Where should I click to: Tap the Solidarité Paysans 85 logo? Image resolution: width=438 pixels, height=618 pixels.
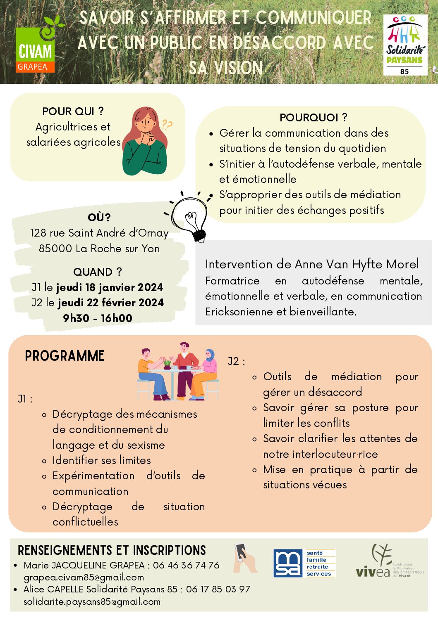405,45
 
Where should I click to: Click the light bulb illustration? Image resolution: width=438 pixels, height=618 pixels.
190,216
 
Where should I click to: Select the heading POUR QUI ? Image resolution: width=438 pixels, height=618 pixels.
73,111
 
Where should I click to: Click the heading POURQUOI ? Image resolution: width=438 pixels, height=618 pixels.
313,118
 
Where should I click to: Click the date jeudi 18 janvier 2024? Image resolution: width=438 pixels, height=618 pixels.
109,287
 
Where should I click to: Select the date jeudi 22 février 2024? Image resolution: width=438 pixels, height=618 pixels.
110,303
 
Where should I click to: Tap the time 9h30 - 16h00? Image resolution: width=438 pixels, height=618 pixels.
98,318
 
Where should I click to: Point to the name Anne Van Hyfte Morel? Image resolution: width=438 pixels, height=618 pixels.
357,264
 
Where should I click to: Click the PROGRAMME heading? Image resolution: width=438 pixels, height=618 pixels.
65,356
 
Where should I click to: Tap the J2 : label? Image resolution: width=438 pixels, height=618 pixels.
236,362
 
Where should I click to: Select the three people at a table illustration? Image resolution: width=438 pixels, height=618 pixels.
178,371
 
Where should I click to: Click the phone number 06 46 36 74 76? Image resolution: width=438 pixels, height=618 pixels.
186,565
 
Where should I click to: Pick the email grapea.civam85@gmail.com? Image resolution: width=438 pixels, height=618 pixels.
84,577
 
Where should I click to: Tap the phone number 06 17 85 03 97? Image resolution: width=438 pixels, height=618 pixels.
218,589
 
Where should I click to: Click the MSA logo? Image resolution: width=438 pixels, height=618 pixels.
304,563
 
